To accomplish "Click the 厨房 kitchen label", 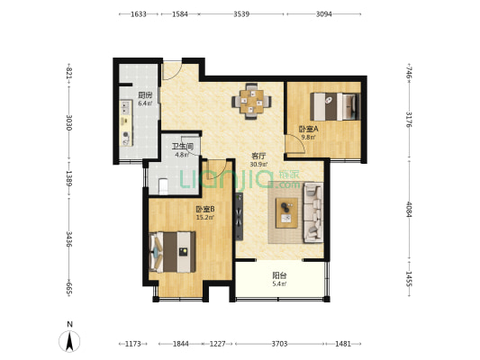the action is (145, 95).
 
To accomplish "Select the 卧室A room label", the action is (308, 129).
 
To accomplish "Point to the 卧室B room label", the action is (205, 210).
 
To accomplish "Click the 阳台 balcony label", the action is (279, 275).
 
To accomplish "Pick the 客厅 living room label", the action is (258, 157).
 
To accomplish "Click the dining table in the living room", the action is (251, 102).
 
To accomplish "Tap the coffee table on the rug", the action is (286, 213).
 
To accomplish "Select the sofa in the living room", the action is (312, 213).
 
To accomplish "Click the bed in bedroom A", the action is (335, 106).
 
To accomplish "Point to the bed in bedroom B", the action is (172, 252).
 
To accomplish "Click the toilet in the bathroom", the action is (164, 186).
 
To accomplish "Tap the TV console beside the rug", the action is (239, 217).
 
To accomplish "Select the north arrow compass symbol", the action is (69, 341).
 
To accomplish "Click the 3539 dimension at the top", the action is (241, 14).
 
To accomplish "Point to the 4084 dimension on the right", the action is (409, 209).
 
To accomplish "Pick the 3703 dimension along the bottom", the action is (279, 344).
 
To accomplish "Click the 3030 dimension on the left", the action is (68, 122).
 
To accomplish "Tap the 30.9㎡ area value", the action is (258, 165).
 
